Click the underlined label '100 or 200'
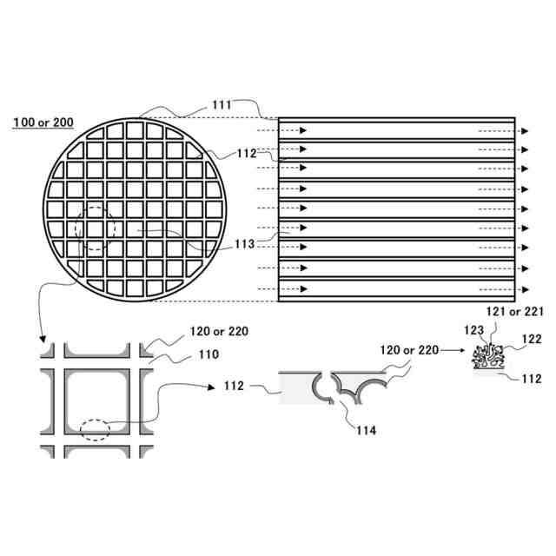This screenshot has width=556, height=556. (43, 122)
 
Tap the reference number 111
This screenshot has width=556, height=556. (222, 105)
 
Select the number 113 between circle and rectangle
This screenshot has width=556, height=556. (245, 244)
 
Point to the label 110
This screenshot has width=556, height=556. (208, 354)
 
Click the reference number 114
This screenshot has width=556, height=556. (366, 430)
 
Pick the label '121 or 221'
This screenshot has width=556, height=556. (514, 312)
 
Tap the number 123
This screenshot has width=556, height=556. (473, 330)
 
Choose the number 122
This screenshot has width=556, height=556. (532, 339)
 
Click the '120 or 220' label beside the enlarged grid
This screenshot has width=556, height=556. (219, 332)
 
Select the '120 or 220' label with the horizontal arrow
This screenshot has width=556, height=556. (409, 350)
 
